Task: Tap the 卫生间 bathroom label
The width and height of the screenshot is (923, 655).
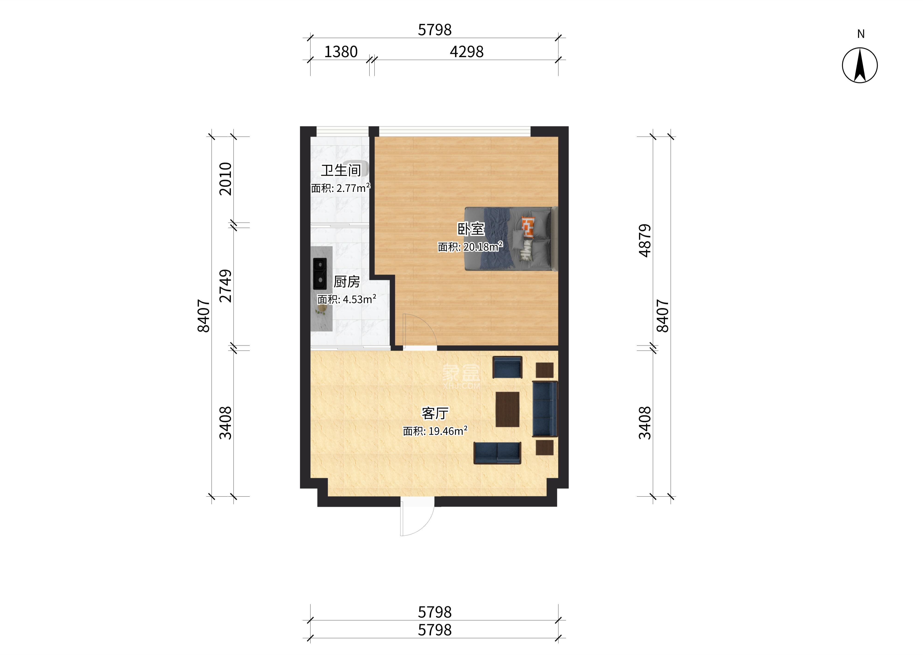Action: click(341, 170)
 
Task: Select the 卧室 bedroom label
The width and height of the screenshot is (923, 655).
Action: click(471, 229)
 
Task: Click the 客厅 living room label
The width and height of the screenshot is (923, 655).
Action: click(435, 413)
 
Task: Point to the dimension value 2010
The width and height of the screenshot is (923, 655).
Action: click(225, 179)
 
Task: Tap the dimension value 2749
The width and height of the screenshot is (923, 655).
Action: click(225, 286)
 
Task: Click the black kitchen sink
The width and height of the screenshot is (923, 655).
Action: click(320, 274)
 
